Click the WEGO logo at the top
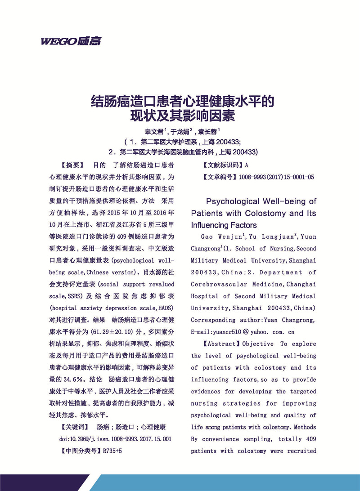click(x=71, y=42)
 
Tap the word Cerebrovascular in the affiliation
click(x=217, y=285)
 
